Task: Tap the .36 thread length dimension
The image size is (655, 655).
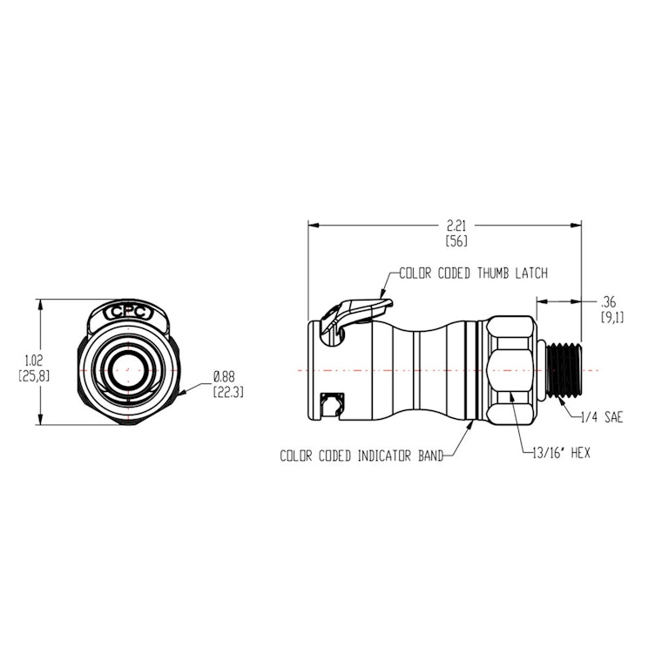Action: click(610, 302)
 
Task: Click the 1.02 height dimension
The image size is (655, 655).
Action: click(31, 359)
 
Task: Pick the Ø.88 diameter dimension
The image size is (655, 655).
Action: click(225, 377)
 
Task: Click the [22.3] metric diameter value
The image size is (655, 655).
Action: click(228, 392)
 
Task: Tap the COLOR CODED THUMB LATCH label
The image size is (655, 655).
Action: click(473, 273)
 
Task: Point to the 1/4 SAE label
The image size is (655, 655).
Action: click(600, 417)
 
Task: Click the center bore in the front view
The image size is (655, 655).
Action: click(129, 370)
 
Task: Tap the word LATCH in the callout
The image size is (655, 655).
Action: click(529, 273)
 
